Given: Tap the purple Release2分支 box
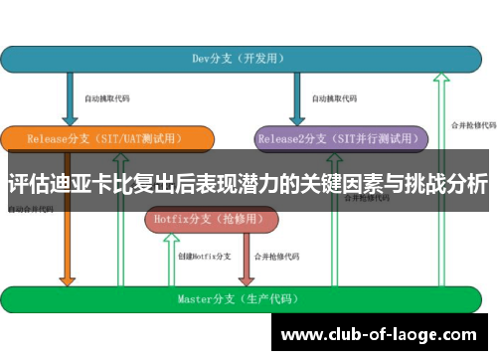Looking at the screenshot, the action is (x=340, y=138).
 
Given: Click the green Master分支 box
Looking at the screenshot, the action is (x=248, y=298).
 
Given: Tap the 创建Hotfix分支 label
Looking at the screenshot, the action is (x=205, y=256).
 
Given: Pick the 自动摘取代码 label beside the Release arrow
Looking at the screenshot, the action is (x=106, y=99).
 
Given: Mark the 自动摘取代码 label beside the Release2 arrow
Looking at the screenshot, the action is (x=334, y=99).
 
